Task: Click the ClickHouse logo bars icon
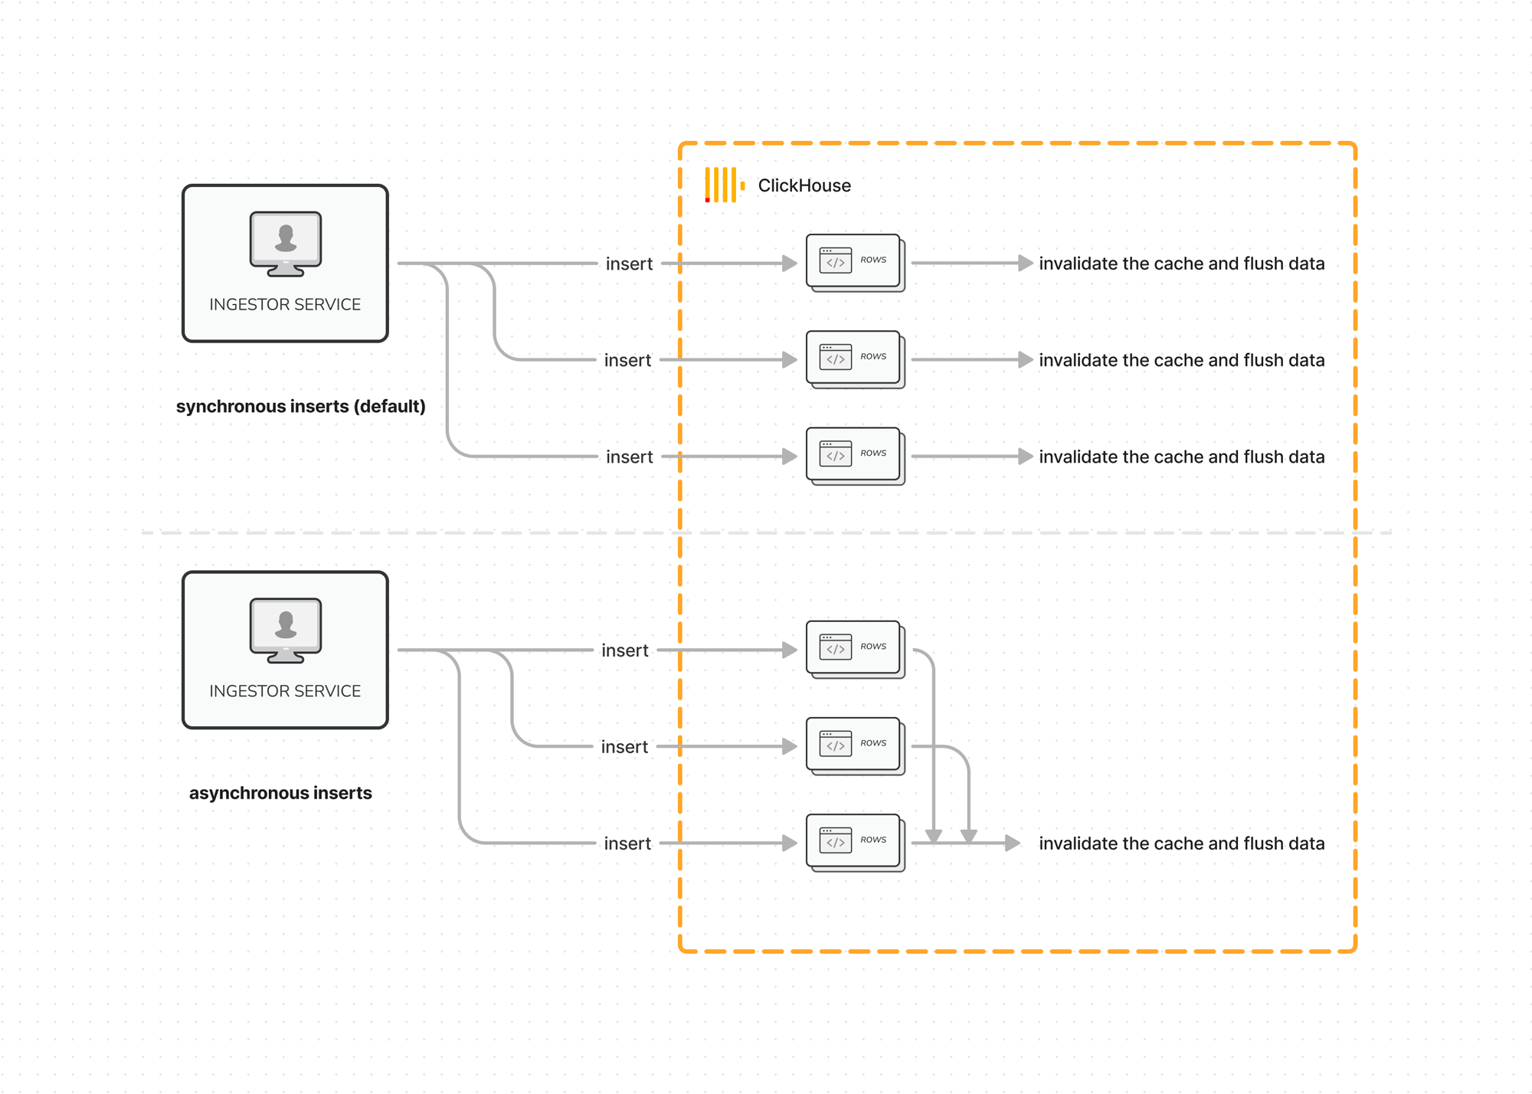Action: coord(723,185)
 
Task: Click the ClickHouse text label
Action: coord(804,185)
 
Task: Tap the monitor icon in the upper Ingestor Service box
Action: coord(285,243)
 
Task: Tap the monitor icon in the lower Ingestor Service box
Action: coord(285,630)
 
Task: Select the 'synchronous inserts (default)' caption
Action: coord(300,406)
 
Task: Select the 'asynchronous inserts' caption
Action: coord(280,793)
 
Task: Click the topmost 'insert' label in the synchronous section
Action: coord(629,264)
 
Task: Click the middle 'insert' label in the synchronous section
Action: coord(627,360)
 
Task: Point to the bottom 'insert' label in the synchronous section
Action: coord(629,457)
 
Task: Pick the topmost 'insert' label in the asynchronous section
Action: coord(625,650)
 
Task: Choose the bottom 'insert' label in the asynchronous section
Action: coord(627,843)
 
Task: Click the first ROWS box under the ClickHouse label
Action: coord(854,262)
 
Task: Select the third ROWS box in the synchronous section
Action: coord(854,455)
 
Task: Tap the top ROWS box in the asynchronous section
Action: coord(854,649)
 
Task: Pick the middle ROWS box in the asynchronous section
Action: coord(854,745)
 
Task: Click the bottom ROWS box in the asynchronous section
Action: coord(854,842)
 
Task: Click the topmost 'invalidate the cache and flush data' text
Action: coord(1181,264)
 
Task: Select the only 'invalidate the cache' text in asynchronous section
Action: coord(1181,843)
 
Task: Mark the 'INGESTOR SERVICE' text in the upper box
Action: coord(285,304)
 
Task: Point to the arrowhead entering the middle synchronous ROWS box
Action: coord(789,360)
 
